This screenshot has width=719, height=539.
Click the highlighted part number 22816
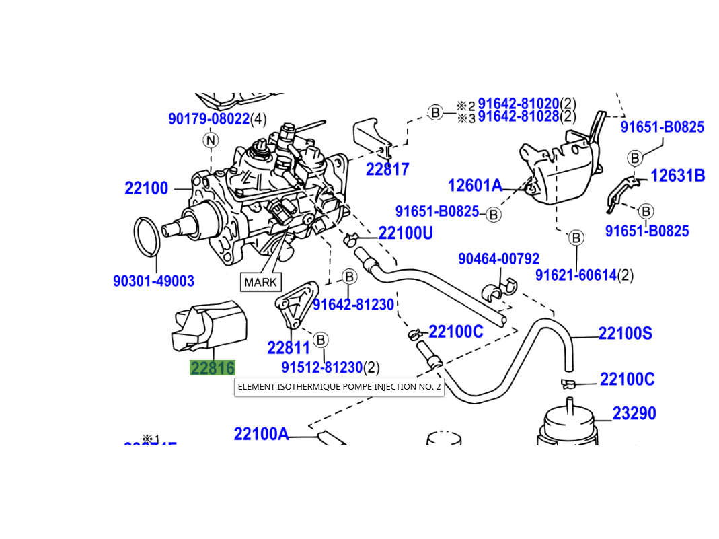213,368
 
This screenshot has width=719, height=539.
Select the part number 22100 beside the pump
146,188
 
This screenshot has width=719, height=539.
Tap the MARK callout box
260,282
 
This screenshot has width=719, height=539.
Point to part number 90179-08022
209,120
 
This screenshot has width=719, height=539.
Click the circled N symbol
211,140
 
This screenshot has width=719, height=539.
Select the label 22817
387,170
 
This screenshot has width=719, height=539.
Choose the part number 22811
289,348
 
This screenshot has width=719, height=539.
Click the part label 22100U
406,233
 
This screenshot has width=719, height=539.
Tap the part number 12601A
475,185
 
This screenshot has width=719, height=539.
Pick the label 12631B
677,176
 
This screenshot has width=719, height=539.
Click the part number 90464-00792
498,259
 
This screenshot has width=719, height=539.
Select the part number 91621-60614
576,275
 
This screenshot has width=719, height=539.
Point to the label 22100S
625,334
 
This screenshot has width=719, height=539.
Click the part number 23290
634,413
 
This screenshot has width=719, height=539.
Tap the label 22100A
261,434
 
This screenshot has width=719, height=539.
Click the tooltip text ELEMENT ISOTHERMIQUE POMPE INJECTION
339,387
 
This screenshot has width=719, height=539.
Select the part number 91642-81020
518,104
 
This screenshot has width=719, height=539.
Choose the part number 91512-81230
321,368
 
